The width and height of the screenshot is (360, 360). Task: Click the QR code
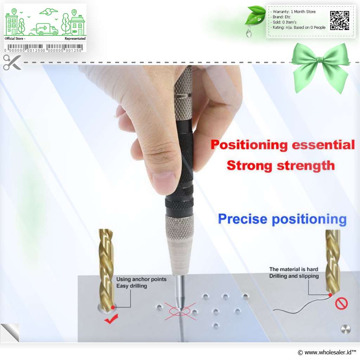click(x=340, y=20)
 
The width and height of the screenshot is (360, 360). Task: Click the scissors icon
click(x=12, y=62)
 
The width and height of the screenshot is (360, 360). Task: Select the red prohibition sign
click(x=341, y=303)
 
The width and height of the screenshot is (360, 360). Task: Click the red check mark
click(x=111, y=319)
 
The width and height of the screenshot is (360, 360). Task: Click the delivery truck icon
click(x=44, y=29)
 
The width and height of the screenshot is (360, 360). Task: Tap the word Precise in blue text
click(x=243, y=219)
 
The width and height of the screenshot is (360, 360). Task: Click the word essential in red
click(x=323, y=145)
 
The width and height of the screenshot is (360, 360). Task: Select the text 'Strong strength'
click(x=281, y=166)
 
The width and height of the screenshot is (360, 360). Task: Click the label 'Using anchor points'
click(x=141, y=279)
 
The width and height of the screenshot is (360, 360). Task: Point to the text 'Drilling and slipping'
click(x=294, y=276)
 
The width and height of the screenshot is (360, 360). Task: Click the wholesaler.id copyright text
click(x=327, y=352)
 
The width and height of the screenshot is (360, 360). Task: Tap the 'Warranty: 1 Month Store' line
click(x=294, y=12)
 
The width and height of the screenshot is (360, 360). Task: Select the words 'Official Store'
click(x=14, y=39)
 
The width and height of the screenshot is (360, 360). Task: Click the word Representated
click(x=75, y=39)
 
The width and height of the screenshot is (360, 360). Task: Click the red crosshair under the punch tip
click(x=180, y=311)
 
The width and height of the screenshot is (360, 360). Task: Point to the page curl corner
click(x=9, y=333)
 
